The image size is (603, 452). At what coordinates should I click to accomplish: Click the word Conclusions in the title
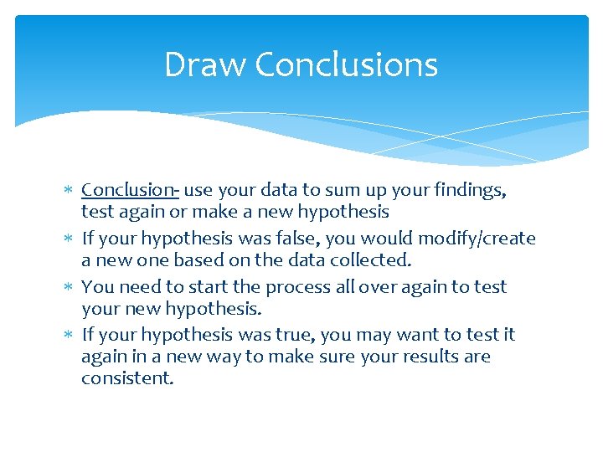(x=346, y=64)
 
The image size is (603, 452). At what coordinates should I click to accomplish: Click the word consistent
(x=127, y=378)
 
